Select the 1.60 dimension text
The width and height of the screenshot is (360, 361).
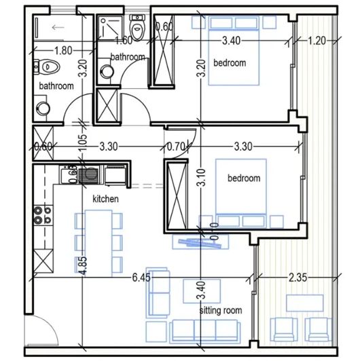[x=123, y=41]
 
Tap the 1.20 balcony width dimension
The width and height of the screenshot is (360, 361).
[x=317, y=40]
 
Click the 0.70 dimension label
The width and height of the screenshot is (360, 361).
[x=176, y=145]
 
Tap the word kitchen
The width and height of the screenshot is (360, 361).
[x=106, y=199]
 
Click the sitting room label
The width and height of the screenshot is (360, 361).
[x=221, y=310]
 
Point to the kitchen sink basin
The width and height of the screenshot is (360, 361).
[x=88, y=176]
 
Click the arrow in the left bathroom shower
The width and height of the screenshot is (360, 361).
[x=58, y=28]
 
